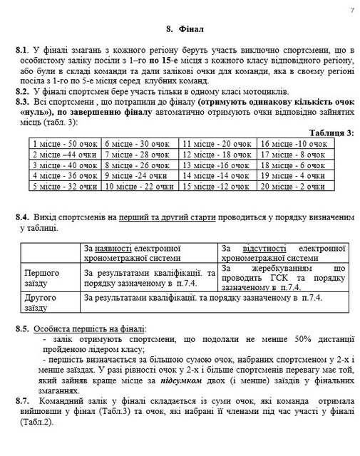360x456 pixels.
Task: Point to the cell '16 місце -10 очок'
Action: point(293,143)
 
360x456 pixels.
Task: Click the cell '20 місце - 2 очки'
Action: point(293,187)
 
